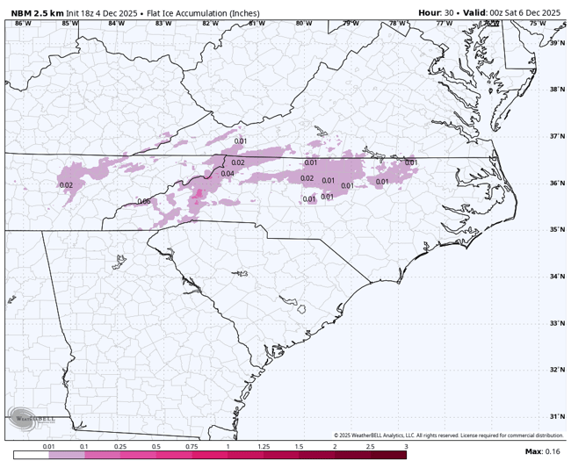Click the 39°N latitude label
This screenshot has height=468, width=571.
click(x=557, y=43)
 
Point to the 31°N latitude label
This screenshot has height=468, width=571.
click(x=557, y=416)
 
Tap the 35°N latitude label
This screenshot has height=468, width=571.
click(x=557, y=230)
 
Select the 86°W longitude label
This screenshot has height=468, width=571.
click(x=23, y=23)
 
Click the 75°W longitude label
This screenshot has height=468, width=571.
click(x=537, y=23)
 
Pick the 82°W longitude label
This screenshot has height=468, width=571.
click(x=210, y=23)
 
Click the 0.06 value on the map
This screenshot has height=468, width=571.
click(x=144, y=201)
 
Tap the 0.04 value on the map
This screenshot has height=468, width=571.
click(x=228, y=174)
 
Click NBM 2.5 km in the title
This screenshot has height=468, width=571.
click(x=37, y=12)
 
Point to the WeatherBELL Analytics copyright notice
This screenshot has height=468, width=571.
click(x=448, y=436)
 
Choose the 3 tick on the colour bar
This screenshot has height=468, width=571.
click(x=406, y=447)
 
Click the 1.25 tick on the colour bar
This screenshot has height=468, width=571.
click(x=263, y=447)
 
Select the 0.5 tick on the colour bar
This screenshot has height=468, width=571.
click(x=155, y=447)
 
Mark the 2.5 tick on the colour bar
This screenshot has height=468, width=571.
click(x=370, y=447)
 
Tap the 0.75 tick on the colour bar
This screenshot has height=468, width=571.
click(x=192, y=447)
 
